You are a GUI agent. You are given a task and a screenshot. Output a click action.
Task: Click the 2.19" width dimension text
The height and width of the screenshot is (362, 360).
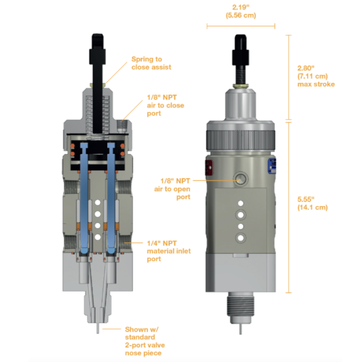point(240,11)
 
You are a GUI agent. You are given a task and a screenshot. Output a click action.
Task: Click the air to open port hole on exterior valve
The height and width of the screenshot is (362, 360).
point(240,178)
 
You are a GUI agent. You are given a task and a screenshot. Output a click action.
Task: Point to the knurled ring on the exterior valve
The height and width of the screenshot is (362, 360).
point(240,133)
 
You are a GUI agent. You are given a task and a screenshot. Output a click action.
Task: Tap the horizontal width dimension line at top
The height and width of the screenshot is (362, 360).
point(240,26)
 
